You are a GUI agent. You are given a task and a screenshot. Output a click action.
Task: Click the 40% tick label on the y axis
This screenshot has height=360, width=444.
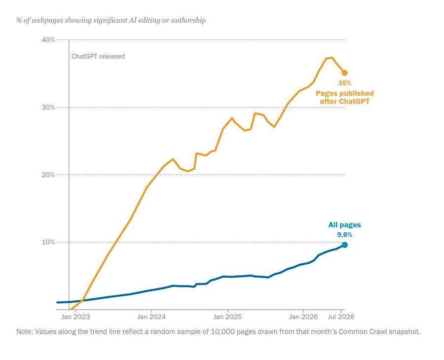pos(48,39)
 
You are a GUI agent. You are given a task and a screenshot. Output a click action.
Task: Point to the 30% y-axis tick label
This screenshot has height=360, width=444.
pos(48,108)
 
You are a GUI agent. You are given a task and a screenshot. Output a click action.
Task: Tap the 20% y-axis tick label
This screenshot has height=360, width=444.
pos(48,175)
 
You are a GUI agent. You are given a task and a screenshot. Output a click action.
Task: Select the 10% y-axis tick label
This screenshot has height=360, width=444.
pos(48,242)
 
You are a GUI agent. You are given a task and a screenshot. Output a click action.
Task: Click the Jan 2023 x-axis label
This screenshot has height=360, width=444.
pos(75,317)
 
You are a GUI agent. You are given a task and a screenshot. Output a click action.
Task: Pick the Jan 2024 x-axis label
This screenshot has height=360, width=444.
pos(151,317)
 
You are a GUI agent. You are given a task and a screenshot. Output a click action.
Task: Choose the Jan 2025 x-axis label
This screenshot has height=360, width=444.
pos(227,317)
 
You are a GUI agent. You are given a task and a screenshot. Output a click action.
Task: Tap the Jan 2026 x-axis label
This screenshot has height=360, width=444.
pos(303,317)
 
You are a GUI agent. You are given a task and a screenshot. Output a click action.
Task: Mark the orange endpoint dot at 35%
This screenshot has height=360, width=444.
pos(345,72)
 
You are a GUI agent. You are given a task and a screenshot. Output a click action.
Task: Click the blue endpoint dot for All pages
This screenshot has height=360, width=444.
pos(345,245)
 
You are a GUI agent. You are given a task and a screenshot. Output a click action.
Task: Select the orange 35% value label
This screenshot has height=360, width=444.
pos(345,83)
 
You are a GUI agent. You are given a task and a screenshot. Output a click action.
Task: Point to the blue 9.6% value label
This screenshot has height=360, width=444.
pos(345,235)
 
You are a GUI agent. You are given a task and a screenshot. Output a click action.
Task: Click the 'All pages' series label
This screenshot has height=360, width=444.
pos(345,225)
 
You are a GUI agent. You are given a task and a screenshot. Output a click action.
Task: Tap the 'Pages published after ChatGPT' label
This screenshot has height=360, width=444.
pos(345,97)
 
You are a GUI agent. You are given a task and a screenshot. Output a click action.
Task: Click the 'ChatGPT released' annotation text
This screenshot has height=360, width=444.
pos(98,56)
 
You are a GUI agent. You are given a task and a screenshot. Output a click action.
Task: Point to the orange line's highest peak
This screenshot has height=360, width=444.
pos(332,58)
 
